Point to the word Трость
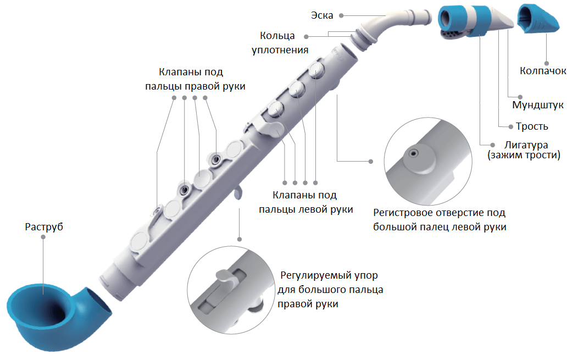click(532, 126)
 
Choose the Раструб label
click(44, 226)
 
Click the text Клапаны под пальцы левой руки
click(305, 202)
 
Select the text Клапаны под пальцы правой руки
click(196, 79)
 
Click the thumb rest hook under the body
click(237, 193)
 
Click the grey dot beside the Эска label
click(342, 15)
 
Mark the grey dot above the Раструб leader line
click(44, 241)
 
